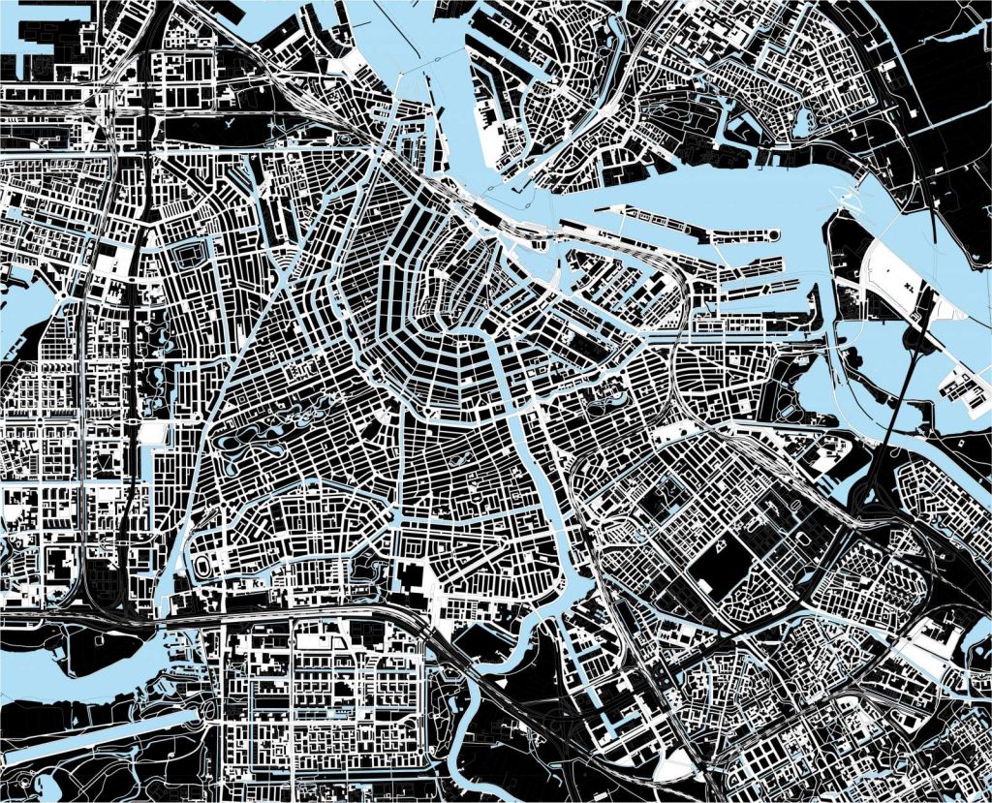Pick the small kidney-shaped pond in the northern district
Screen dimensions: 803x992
(801, 122)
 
